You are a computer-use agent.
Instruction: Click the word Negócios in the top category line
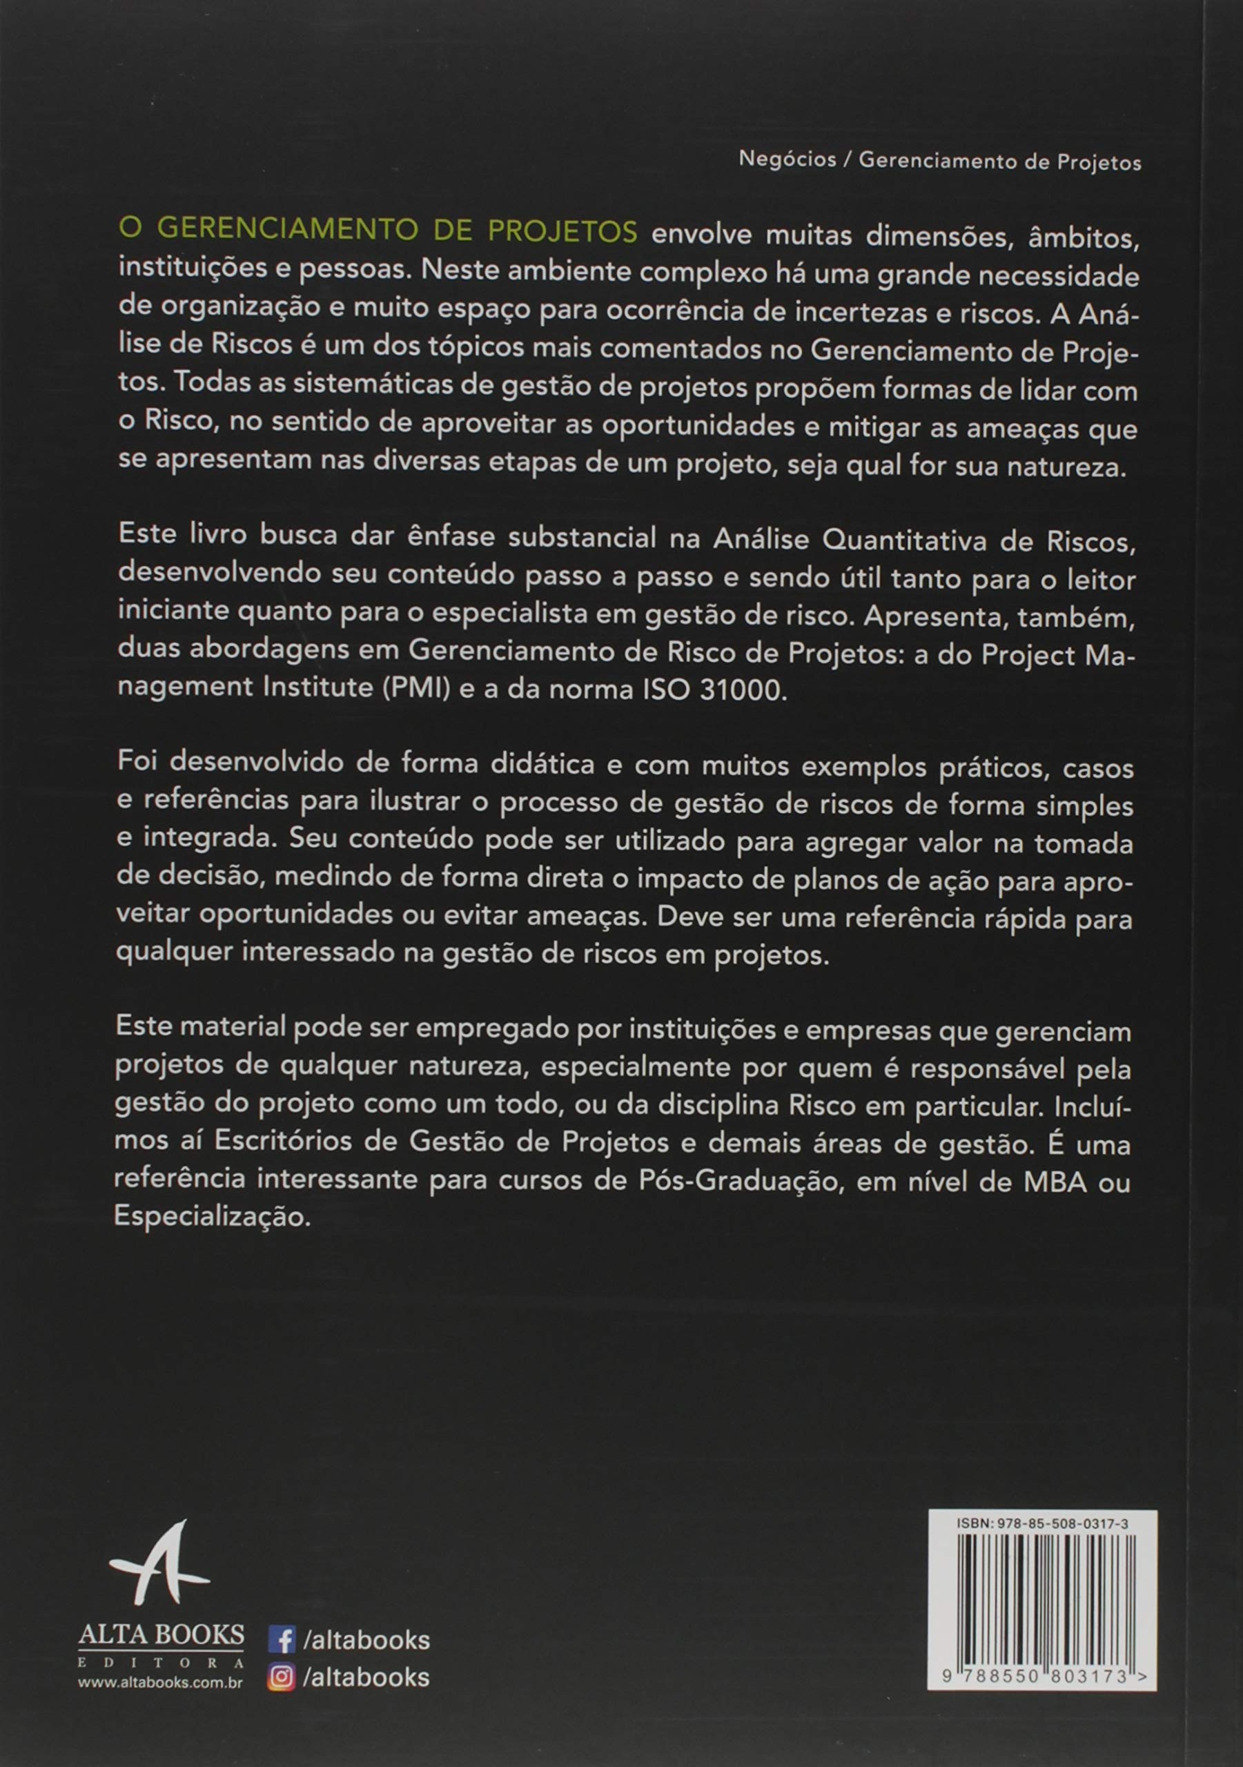[x=787, y=160]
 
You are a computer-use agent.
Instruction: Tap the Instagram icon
[x=282, y=1678]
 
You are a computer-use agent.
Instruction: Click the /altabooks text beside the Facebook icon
[x=366, y=1640]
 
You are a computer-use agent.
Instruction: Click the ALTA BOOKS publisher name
[x=161, y=1635]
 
